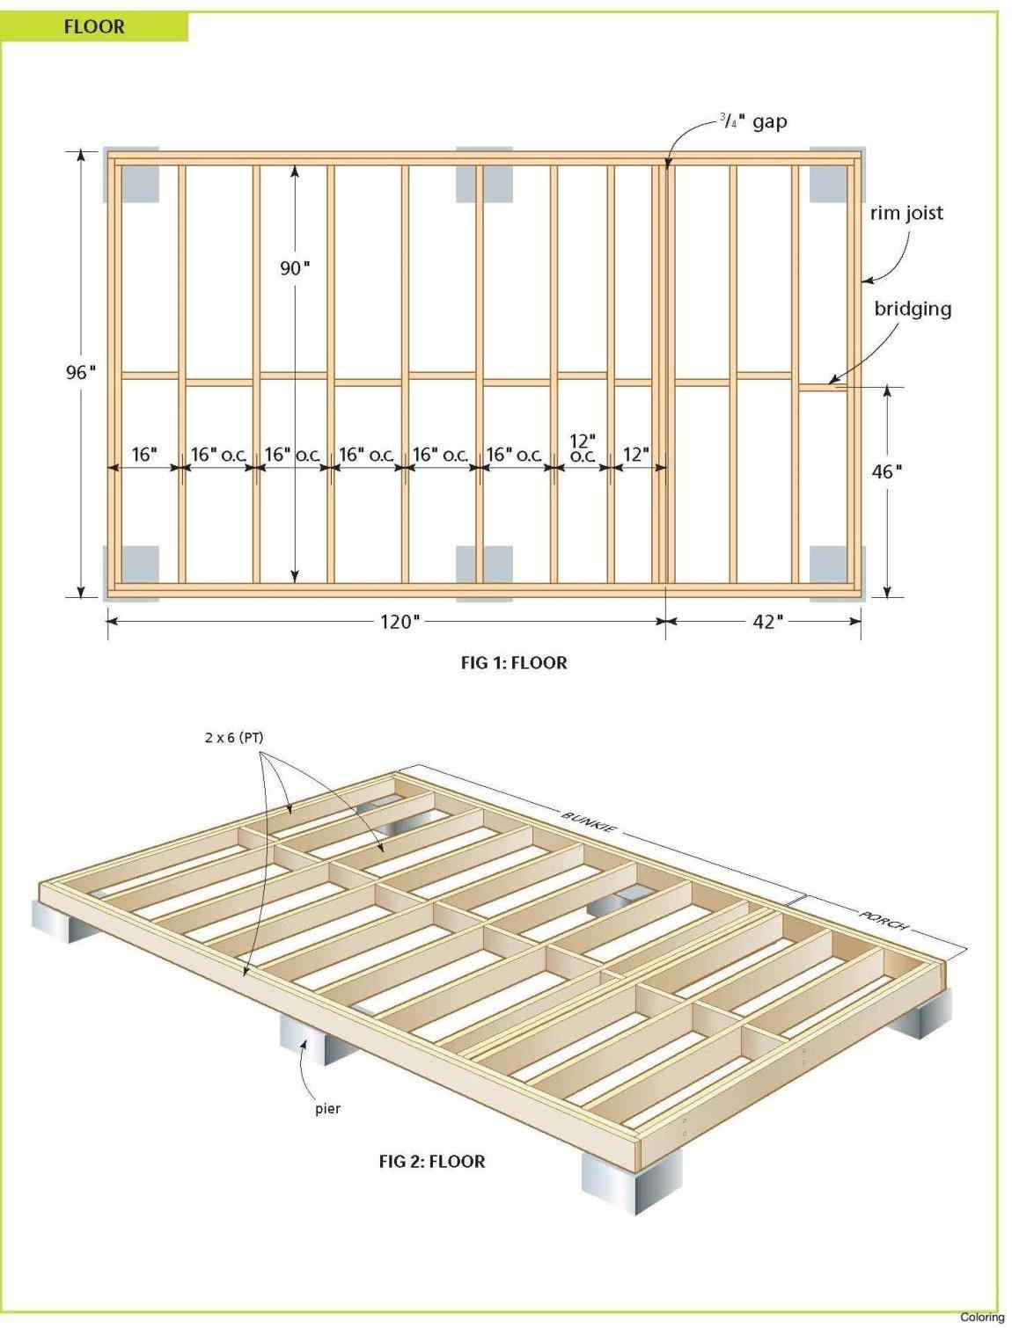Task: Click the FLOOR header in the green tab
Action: click(x=94, y=26)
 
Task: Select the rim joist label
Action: click(x=906, y=213)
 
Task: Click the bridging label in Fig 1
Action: click(x=913, y=309)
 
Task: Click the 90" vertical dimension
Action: click(x=295, y=268)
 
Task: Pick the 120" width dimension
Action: click(x=396, y=622)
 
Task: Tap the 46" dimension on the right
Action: click(x=886, y=471)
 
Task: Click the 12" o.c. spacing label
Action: click(x=583, y=448)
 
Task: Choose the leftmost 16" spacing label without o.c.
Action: click(x=144, y=455)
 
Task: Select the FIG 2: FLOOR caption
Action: click(x=431, y=1161)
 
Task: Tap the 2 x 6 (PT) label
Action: click(x=233, y=738)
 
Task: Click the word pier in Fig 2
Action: click(x=327, y=1108)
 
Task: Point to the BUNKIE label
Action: click(x=589, y=821)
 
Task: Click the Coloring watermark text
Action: click(x=981, y=1317)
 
